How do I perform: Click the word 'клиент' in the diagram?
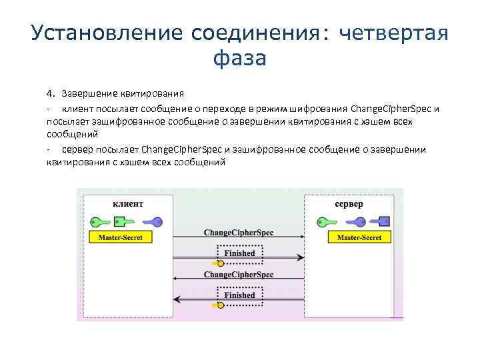pyautogui.click(x=128, y=203)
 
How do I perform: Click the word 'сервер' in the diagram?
pyautogui.click(x=349, y=203)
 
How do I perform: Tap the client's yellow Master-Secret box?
pyautogui.click(x=121, y=237)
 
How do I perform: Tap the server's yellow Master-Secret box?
pyautogui.click(x=359, y=237)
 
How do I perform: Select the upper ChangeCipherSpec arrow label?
pyautogui.click(x=238, y=233)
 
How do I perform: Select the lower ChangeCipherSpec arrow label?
pyautogui.click(x=238, y=274)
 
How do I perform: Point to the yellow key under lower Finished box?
pyautogui.click(x=216, y=306)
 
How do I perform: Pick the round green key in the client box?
pyautogui.click(x=98, y=221)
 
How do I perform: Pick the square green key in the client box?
pyautogui.click(x=119, y=221)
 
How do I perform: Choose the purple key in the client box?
pyautogui.click(x=153, y=221)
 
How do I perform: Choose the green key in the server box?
pyautogui.click(x=326, y=221)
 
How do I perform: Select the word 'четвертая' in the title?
pyautogui.click(x=394, y=32)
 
